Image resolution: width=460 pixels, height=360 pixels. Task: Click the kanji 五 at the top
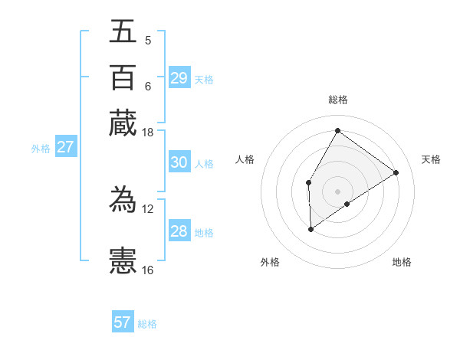pyautogui.click(x=123, y=32)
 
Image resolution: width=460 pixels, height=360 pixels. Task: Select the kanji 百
pyautogui.click(x=123, y=77)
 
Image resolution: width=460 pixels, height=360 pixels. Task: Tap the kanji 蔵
pyautogui.click(x=123, y=123)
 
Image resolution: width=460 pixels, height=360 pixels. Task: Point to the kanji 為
pyautogui.click(x=123, y=199)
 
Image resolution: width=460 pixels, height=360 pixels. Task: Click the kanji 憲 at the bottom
pyautogui.click(x=123, y=260)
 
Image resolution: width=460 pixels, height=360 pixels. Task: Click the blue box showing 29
pyautogui.click(x=179, y=78)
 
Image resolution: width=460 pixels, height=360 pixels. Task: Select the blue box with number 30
pyautogui.click(x=179, y=162)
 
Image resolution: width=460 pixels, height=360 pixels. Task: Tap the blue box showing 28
pyautogui.click(x=179, y=231)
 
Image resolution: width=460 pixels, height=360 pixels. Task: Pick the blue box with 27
pyautogui.click(x=65, y=147)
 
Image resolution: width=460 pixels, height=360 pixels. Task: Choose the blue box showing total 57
pyautogui.click(x=123, y=322)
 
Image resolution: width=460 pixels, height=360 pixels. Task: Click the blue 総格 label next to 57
pyautogui.click(x=147, y=324)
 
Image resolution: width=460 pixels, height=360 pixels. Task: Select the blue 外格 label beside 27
pyautogui.click(x=41, y=149)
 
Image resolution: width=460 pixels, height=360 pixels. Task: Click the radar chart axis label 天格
pyautogui.click(x=431, y=159)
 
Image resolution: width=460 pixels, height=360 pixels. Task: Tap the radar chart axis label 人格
pyautogui.click(x=245, y=159)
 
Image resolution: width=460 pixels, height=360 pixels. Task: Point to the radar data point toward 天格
pyautogui.click(x=396, y=172)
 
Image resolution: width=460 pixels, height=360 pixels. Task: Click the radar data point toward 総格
pyautogui.click(x=337, y=130)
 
